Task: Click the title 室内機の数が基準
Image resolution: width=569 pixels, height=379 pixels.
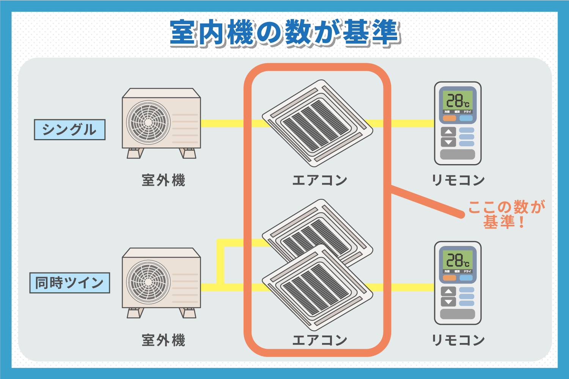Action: tap(284, 33)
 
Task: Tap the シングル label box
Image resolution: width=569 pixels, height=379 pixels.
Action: tap(69, 130)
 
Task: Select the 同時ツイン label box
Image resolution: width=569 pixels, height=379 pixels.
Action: tap(69, 283)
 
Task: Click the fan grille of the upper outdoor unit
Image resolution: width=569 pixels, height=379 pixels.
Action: tap(148, 122)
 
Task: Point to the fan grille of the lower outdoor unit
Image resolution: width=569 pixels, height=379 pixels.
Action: tap(148, 282)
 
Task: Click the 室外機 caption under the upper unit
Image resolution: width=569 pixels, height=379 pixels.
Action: tap(163, 180)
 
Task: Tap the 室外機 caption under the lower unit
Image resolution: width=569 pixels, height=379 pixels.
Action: tap(163, 340)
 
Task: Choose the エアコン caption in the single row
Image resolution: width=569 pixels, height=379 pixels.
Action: tap(319, 180)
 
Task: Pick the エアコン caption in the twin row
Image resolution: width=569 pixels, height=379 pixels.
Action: tap(319, 340)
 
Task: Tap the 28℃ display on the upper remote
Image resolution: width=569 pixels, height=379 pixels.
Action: tap(457, 101)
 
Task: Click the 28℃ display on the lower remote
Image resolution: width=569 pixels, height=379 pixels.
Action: tap(457, 260)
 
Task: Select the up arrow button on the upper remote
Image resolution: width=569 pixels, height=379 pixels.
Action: tap(448, 132)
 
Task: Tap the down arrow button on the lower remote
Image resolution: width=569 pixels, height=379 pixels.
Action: tap(448, 302)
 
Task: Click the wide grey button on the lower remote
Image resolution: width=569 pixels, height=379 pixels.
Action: tap(457, 314)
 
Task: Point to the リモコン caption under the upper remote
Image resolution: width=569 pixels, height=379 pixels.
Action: tap(458, 180)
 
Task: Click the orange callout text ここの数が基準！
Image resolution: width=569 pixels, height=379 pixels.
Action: tap(506, 214)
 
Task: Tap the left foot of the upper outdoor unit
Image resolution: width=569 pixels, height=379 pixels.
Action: tap(135, 153)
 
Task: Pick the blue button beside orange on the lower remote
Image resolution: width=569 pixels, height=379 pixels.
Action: tap(466, 278)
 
